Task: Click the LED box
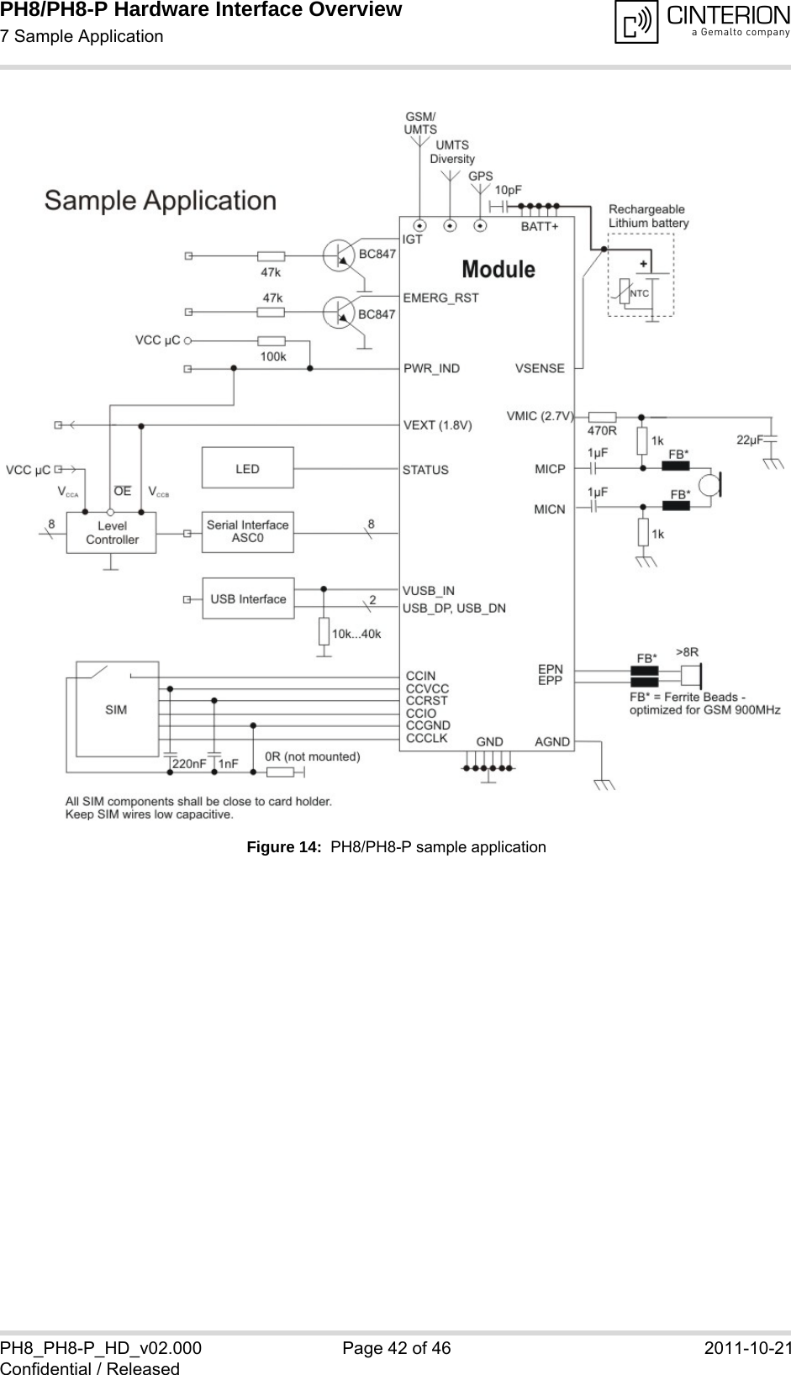click(247, 468)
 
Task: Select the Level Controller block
click(112, 533)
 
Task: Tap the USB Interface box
click(248, 598)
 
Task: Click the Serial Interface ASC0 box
click(247, 532)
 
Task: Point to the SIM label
click(116, 709)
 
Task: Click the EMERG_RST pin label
click(440, 298)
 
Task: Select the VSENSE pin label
click(540, 368)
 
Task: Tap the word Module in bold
click(498, 269)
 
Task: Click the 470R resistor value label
click(601, 431)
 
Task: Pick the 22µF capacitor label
click(749, 439)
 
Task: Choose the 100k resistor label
click(272, 356)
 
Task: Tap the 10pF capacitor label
click(508, 190)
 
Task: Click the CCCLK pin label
click(427, 738)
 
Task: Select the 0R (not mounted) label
click(313, 756)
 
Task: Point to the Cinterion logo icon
click(636, 22)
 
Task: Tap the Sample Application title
click(161, 200)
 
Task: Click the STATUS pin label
click(425, 470)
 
